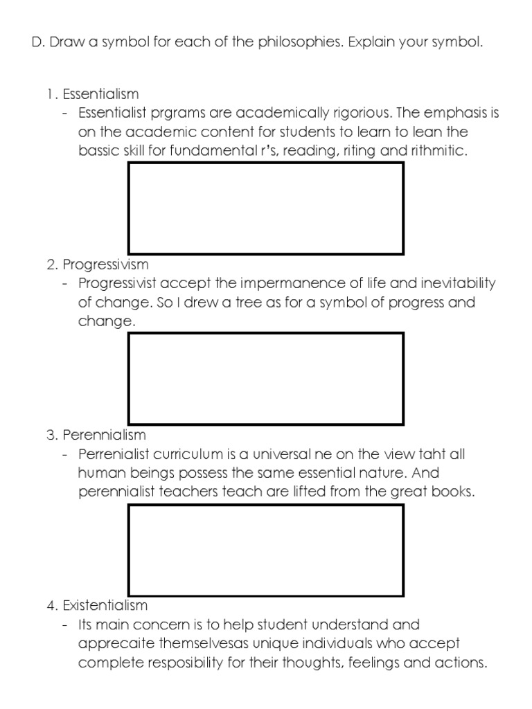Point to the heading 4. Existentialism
click(97, 606)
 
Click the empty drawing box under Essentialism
click(266, 208)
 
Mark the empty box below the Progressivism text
click(266, 379)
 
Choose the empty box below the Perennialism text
click(266, 550)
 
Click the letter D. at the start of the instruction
click(38, 42)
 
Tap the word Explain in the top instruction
click(374, 43)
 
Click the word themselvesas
click(204, 644)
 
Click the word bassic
click(98, 150)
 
